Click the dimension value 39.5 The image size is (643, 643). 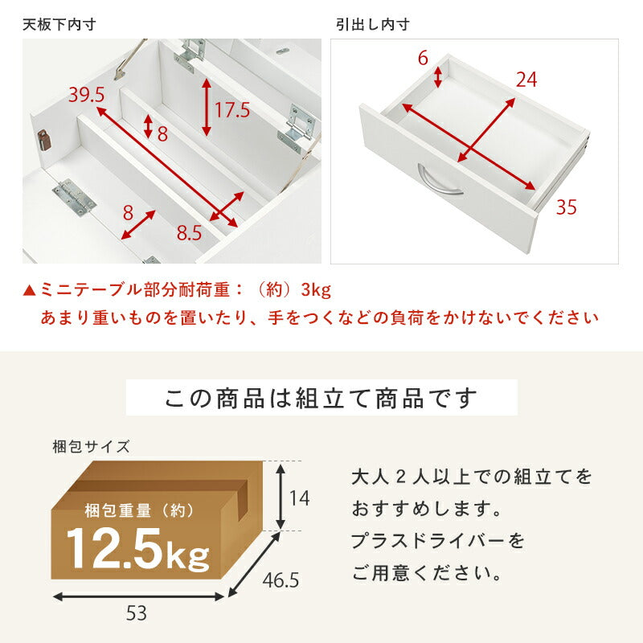point(87,95)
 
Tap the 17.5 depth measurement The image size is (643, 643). point(232,109)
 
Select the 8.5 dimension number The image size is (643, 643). point(190,233)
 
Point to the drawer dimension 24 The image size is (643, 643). point(526,80)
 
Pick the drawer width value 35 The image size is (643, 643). point(566,208)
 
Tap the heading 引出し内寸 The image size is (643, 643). point(372,25)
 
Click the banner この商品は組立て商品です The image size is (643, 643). point(321,398)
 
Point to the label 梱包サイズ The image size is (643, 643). point(90,445)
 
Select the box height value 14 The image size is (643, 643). point(299,497)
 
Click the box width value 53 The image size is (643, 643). point(137,615)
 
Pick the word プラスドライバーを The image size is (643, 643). point(437,541)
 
